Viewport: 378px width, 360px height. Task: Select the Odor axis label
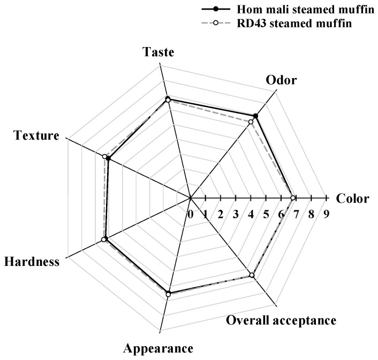coord(281,80)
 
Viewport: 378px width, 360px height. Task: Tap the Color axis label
coord(352,199)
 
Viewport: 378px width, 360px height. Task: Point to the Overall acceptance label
coord(281,320)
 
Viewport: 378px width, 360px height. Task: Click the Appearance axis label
coord(158,349)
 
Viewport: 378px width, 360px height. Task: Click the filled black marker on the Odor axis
coord(255,117)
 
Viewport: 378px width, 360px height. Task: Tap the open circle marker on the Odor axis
coord(251,122)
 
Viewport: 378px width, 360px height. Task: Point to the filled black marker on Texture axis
coord(108,158)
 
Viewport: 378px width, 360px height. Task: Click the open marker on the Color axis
coord(292,198)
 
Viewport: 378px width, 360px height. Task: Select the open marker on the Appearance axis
coord(168,294)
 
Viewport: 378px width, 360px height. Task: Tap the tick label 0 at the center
coord(190,214)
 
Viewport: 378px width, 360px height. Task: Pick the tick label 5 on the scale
coord(266,214)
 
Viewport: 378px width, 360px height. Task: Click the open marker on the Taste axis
coord(168,100)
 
